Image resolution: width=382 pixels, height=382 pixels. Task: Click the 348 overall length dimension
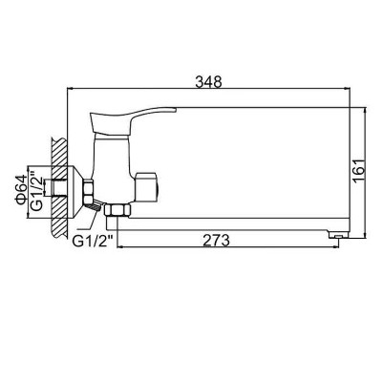click(x=208, y=82)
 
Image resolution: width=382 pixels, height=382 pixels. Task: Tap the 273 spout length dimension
click(x=217, y=240)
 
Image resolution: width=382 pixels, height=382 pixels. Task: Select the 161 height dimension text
click(x=359, y=171)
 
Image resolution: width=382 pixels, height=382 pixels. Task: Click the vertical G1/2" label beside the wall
click(x=36, y=191)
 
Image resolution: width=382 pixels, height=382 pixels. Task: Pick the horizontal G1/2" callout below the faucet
click(x=94, y=241)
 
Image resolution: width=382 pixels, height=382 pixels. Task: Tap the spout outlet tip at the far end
click(x=338, y=235)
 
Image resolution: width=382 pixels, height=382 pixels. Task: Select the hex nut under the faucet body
click(x=117, y=210)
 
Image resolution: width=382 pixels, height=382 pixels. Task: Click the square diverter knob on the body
click(x=146, y=188)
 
